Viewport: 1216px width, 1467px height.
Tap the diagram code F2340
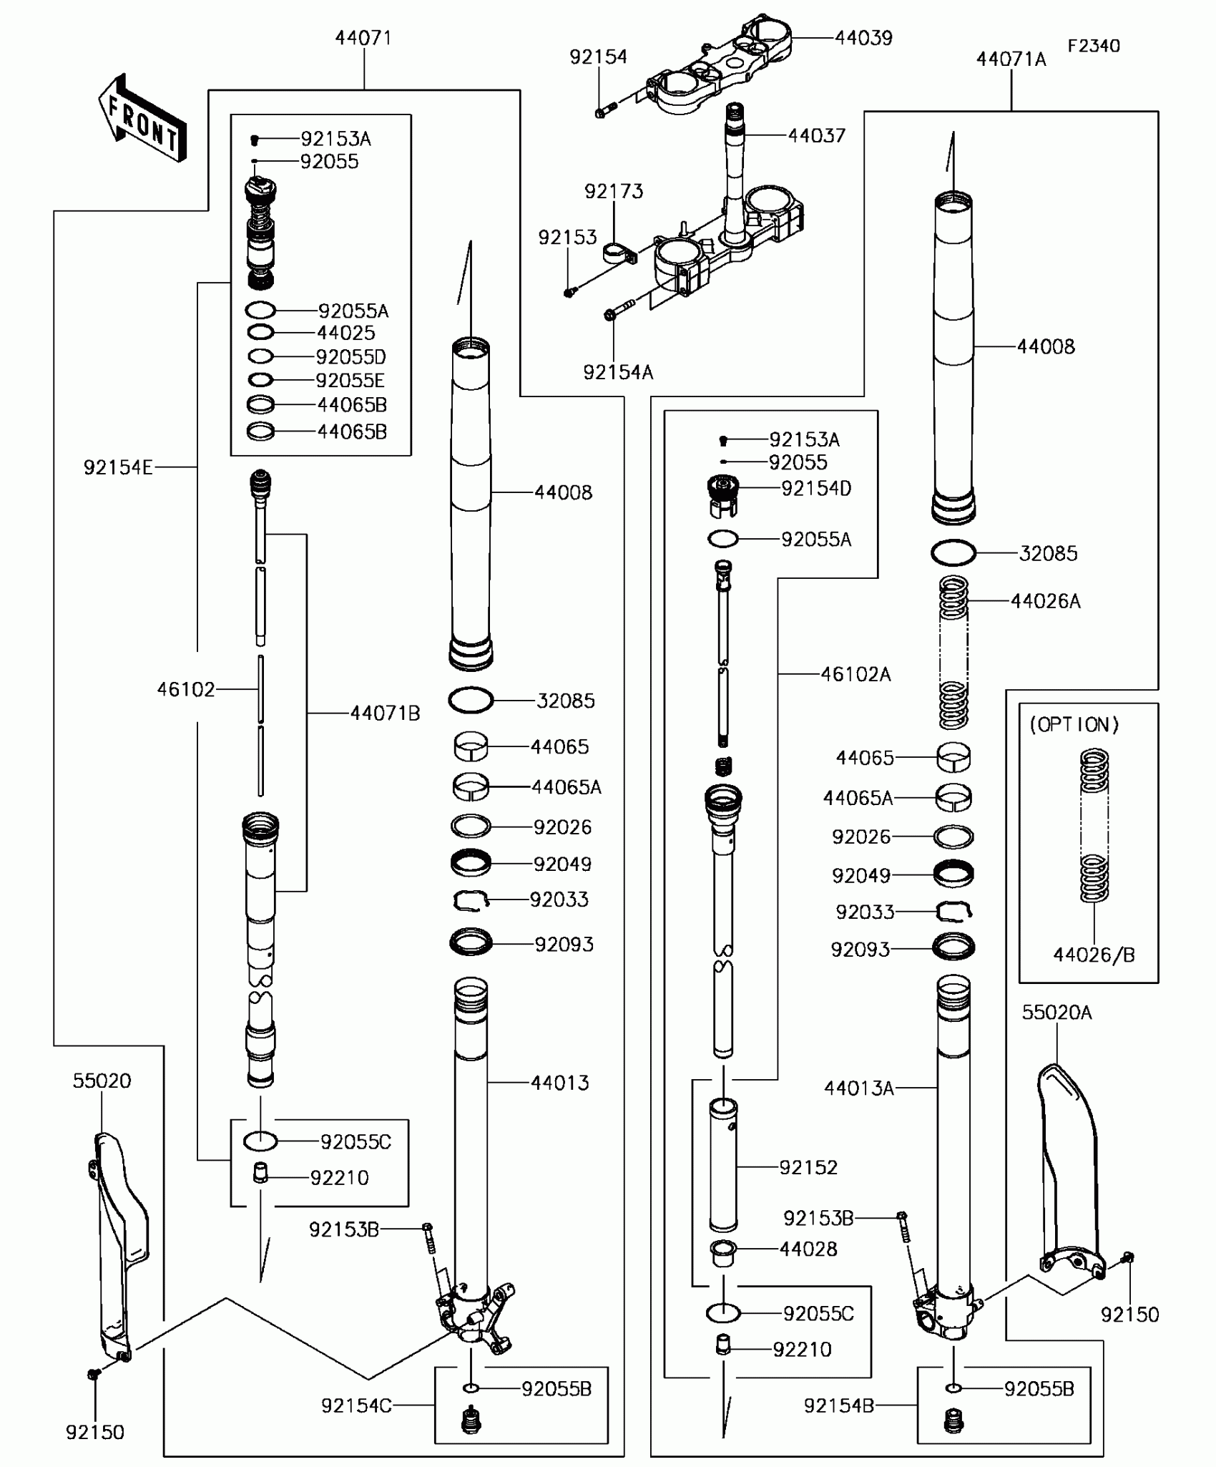(1093, 46)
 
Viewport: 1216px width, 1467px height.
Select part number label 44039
(863, 38)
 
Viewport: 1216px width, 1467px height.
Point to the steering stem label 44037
(816, 135)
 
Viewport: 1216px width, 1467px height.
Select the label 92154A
(618, 372)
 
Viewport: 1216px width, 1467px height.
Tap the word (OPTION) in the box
(1084, 724)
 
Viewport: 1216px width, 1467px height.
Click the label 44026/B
(1094, 954)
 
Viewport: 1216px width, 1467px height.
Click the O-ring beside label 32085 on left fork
(471, 700)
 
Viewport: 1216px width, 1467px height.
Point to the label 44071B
(385, 713)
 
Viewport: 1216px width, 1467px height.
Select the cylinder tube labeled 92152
(723, 1166)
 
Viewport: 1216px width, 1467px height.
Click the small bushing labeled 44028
(723, 1254)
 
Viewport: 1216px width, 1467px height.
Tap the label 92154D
(816, 489)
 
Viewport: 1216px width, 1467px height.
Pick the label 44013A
(858, 1088)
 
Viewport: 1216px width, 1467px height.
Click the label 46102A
(855, 674)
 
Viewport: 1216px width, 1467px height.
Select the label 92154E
(118, 467)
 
